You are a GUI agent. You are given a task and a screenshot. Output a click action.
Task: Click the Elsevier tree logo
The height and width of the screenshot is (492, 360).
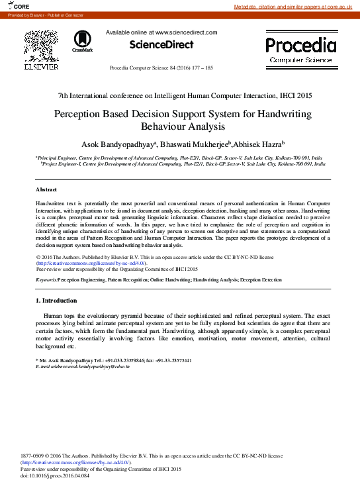click(42, 47)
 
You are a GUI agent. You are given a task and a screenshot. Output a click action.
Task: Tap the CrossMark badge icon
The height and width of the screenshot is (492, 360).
click(83, 41)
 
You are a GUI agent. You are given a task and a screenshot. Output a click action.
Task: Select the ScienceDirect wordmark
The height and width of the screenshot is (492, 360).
click(161, 45)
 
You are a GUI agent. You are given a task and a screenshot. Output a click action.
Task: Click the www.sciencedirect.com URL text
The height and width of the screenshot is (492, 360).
click(186, 32)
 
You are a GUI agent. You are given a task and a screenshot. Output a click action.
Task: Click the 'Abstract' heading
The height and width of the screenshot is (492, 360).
click(46, 190)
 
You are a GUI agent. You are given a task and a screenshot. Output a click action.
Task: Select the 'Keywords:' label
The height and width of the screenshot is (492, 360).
click(46, 281)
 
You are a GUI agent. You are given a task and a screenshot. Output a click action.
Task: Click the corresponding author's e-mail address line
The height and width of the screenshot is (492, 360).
click(82, 366)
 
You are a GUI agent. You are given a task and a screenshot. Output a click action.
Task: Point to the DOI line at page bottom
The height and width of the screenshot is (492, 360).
click(55, 475)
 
